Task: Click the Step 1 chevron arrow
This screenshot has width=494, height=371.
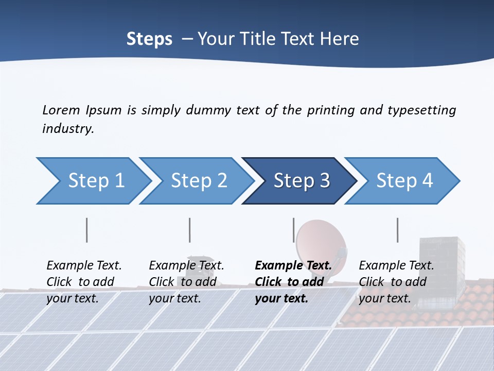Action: point(95,181)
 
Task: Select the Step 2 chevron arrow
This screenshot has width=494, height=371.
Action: point(199,181)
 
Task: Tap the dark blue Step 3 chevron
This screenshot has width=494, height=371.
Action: point(301,181)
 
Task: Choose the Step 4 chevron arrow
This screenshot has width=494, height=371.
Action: point(404,181)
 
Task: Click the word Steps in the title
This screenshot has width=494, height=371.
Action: point(149,39)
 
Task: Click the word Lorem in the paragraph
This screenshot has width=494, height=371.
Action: point(61,110)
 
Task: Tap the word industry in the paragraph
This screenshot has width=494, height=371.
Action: point(67,129)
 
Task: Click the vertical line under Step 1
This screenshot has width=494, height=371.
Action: point(86,230)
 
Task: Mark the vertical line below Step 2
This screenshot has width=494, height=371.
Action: point(189,230)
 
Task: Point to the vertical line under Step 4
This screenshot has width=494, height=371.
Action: point(397,230)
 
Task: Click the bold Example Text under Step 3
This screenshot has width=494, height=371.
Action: point(293,266)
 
